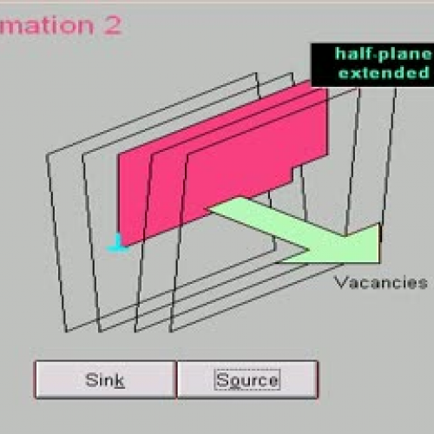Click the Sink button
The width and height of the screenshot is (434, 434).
click(x=105, y=379)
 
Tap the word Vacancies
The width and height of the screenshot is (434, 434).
click(x=381, y=282)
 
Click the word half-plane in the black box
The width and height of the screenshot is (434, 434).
click(x=382, y=54)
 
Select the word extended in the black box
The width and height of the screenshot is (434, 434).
click(x=383, y=72)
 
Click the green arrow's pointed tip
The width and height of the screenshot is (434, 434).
click(x=378, y=242)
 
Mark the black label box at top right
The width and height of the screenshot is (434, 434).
click(x=372, y=63)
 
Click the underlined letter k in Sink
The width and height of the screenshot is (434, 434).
click(x=119, y=379)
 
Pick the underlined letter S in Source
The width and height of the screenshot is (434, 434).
click(x=220, y=379)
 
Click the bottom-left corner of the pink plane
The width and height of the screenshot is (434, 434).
click(x=119, y=244)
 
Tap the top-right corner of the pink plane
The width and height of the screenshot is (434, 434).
click(x=327, y=82)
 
